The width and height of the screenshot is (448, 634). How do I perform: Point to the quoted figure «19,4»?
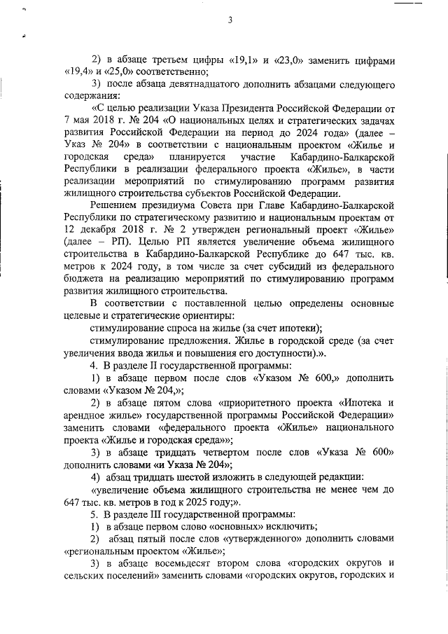78,71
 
